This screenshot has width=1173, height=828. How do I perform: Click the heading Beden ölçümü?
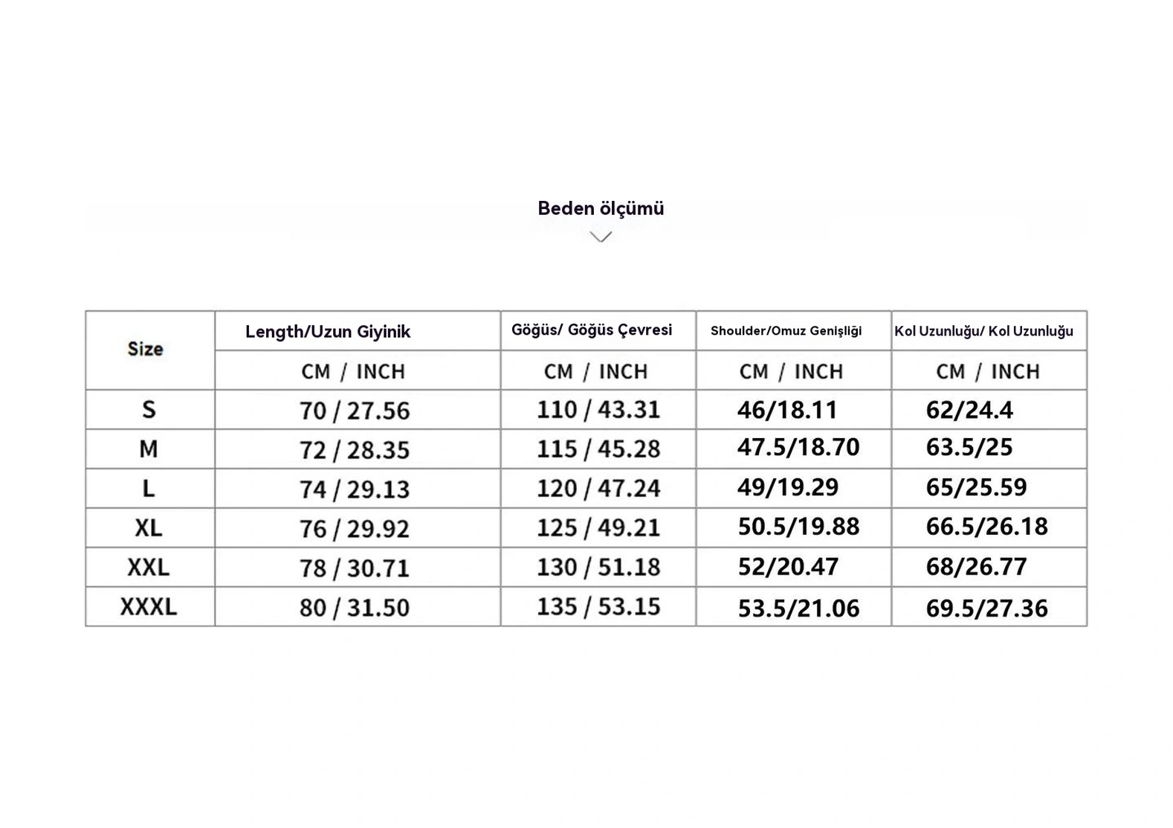pyautogui.click(x=601, y=208)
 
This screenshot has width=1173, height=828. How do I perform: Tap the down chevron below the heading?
pyautogui.click(x=601, y=237)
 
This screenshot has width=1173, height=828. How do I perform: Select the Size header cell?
pyautogui.click(x=146, y=349)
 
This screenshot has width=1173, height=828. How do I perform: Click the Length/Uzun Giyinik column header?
pyautogui.click(x=328, y=332)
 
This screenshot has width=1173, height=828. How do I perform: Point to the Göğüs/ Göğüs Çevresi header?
pyautogui.click(x=592, y=330)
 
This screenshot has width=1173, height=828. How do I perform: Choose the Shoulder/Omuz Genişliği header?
pyautogui.click(x=786, y=331)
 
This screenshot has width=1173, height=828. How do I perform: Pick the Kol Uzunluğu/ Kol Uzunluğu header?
pyautogui.click(x=983, y=331)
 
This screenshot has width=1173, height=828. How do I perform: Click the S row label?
pyautogui.click(x=149, y=409)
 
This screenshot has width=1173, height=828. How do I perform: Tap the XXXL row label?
pyautogui.click(x=149, y=607)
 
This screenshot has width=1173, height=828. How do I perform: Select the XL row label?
pyautogui.click(x=149, y=528)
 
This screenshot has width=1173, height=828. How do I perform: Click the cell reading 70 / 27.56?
pyautogui.click(x=355, y=411)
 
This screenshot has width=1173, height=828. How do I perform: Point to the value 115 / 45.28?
pyautogui.click(x=598, y=449)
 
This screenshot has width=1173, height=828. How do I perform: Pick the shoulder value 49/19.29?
pyautogui.click(x=788, y=487)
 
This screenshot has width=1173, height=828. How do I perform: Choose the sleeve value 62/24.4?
pyautogui.click(x=969, y=410)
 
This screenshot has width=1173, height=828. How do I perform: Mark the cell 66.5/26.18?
pyautogui.click(x=986, y=527)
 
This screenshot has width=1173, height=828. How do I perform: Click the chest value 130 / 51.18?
pyautogui.click(x=598, y=568)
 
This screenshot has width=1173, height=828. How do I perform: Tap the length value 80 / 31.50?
pyautogui.click(x=355, y=608)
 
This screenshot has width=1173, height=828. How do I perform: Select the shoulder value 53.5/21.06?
pyautogui.click(x=798, y=609)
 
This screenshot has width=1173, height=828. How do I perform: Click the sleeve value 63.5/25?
pyautogui.click(x=969, y=447)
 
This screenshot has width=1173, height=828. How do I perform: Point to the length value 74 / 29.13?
pyautogui.click(x=355, y=490)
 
